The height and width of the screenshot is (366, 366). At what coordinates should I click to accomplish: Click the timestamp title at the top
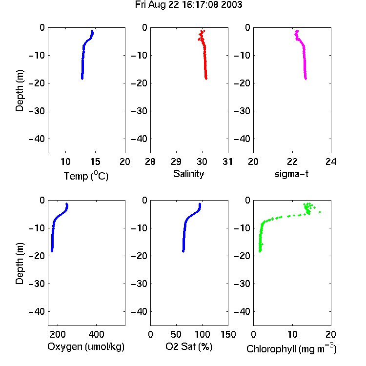pyautogui.click(x=188, y=5)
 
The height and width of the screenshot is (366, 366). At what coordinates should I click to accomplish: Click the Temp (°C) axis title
pyautogui.click(x=86, y=176)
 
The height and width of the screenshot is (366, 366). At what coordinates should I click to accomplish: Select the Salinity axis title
pyautogui.click(x=188, y=174)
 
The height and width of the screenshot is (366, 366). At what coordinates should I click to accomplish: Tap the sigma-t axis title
pyautogui.click(x=291, y=174)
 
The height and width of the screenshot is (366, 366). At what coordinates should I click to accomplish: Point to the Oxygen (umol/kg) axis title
pyautogui.click(x=86, y=346)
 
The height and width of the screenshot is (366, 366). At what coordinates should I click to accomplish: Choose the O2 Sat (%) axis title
pyautogui.click(x=189, y=346)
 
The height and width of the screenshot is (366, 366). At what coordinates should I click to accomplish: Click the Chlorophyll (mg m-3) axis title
pyautogui.click(x=291, y=348)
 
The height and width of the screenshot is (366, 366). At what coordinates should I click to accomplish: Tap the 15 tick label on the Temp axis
pyautogui.click(x=95, y=162)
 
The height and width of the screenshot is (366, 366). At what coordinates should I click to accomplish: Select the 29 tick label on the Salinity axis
pyautogui.click(x=176, y=162)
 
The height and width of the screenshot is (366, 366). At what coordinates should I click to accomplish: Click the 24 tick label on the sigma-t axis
pyautogui.click(x=331, y=162)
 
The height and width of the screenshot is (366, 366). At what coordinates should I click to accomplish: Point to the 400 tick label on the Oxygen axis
pyautogui.click(x=96, y=334)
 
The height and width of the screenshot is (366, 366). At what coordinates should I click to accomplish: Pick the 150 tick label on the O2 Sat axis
pyautogui.click(x=228, y=334)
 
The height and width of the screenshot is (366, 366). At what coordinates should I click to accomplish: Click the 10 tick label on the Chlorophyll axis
pyautogui.click(x=292, y=334)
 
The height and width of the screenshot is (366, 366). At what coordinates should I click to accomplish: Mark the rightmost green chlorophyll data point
pyautogui.click(x=320, y=212)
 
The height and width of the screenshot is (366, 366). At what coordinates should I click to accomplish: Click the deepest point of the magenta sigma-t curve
pyautogui.click(x=306, y=79)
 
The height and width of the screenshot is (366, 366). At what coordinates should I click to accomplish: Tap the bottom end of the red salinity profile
pyautogui.click(x=206, y=79)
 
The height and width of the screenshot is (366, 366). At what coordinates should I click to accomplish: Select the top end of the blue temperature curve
pyautogui.click(x=92, y=31)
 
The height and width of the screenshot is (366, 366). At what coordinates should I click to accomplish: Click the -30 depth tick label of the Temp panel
pyautogui.click(x=37, y=111)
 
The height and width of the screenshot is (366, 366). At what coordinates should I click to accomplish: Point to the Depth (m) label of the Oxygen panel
pyautogui.click(x=20, y=264)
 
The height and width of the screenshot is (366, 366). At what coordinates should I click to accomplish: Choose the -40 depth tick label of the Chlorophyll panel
pyautogui.click(x=242, y=312)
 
